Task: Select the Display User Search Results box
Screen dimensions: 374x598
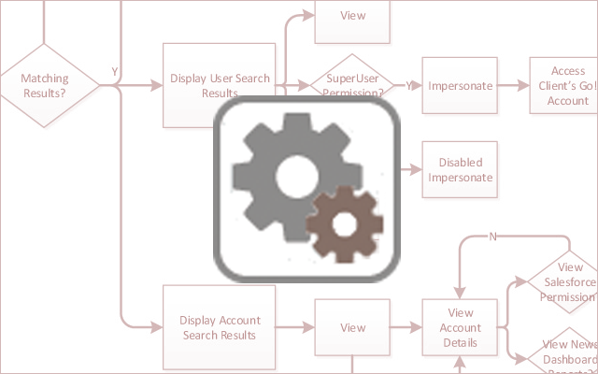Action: point(220,85)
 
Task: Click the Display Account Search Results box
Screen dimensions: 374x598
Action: point(220,327)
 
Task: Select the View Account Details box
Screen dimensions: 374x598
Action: point(460,327)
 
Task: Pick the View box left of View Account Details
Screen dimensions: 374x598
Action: point(351,327)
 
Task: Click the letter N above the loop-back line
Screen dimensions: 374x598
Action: point(493,236)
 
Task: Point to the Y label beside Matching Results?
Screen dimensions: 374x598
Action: point(114,71)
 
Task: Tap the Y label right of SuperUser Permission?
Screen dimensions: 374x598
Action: point(408,84)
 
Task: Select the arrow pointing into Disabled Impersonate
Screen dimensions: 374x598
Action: point(410,169)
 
